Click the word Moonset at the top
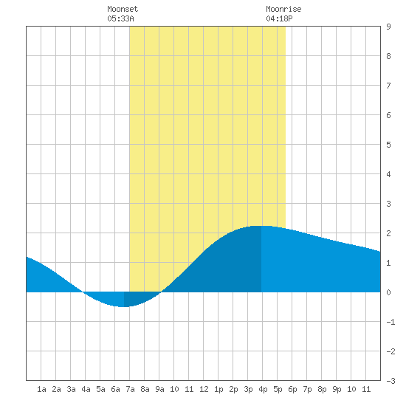click(123, 9)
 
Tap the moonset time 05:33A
click(120, 18)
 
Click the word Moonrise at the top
click(283, 9)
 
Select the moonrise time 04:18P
click(279, 18)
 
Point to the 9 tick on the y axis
click(388, 27)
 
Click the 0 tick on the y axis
click(388, 292)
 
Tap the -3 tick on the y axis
click(390, 381)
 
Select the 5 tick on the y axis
click(388, 145)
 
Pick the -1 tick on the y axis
click(390, 322)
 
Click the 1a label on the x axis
click(41, 389)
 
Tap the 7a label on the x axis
click(130, 389)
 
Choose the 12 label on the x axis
click(204, 389)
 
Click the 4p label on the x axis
click(263, 389)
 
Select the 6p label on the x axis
click(292, 389)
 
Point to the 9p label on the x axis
click(337, 389)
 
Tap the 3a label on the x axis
click(71, 389)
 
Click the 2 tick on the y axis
click(388, 233)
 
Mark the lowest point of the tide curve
click(123, 307)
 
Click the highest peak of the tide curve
click(261, 226)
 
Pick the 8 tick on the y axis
click(388, 56)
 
